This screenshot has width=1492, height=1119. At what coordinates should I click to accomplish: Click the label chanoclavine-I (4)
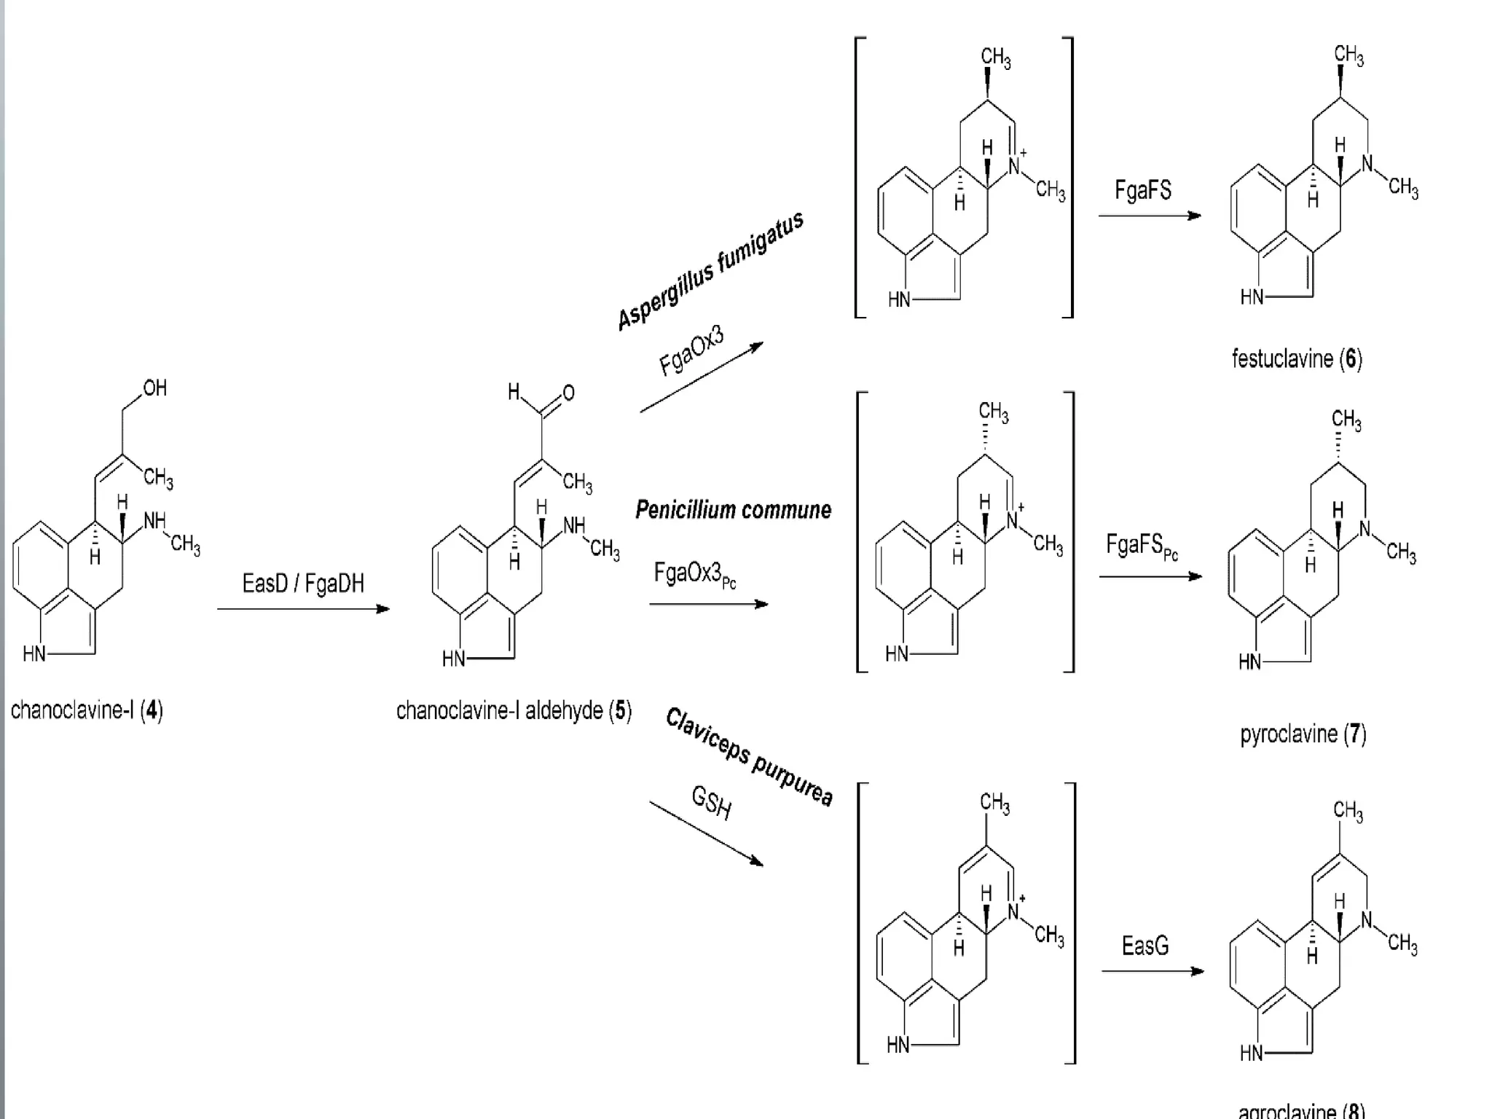coord(87,710)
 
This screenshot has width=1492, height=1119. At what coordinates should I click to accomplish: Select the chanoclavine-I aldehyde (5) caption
coord(514,710)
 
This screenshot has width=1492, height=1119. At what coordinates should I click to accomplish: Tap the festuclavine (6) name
coord(1297,358)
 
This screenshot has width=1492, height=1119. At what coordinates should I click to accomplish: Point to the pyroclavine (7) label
coord(1303,734)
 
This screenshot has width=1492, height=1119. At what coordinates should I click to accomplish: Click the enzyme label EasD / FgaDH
coord(303,584)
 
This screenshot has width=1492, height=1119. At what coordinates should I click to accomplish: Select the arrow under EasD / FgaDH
coord(303,609)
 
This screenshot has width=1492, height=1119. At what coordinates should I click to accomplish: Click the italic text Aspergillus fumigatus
coord(710,270)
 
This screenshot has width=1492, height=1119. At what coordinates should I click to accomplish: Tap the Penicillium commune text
coord(733,510)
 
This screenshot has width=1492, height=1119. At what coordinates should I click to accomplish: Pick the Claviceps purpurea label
coord(749,758)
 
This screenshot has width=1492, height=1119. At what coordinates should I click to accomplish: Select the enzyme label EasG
coord(1144,946)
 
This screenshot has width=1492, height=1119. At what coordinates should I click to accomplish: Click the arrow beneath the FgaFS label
coord(1149,216)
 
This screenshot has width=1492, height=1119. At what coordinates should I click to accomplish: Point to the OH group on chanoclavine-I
coord(154,388)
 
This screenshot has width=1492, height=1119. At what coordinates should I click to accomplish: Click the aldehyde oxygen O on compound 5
coord(568,393)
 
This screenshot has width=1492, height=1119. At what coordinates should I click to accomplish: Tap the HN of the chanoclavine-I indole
coord(34,653)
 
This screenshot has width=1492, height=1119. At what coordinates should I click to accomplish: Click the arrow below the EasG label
coord(1152,971)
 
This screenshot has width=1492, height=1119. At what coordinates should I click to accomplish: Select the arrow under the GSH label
coord(706,833)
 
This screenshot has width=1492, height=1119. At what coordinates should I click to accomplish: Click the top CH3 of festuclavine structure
coord(1348,55)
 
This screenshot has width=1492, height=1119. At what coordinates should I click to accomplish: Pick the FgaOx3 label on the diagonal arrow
coord(691,351)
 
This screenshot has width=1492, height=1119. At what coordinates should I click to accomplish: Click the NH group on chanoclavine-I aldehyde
coord(574,526)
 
